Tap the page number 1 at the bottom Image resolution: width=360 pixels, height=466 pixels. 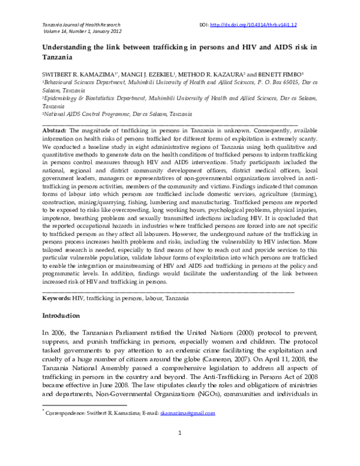click(x=180, y=450)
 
